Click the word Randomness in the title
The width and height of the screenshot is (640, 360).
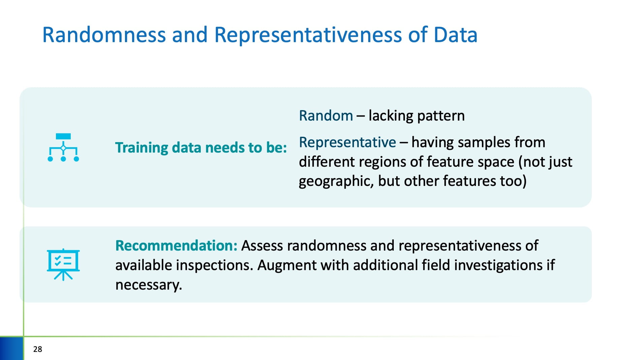click(104, 35)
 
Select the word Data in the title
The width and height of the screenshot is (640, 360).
click(455, 35)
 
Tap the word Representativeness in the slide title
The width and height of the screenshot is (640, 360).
click(308, 35)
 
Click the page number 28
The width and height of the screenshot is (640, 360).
click(38, 349)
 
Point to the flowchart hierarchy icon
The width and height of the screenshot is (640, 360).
click(63, 148)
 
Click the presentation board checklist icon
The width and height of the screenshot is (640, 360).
click(63, 265)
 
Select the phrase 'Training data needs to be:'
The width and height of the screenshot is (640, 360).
click(201, 148)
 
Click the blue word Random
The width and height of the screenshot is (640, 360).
click(326, 116)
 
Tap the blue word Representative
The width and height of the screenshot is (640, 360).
click(347, 143)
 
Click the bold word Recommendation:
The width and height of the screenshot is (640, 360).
click(177, 246)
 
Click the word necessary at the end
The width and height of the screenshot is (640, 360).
click(149, 285)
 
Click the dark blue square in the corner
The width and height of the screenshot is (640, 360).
click(11, 348)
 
